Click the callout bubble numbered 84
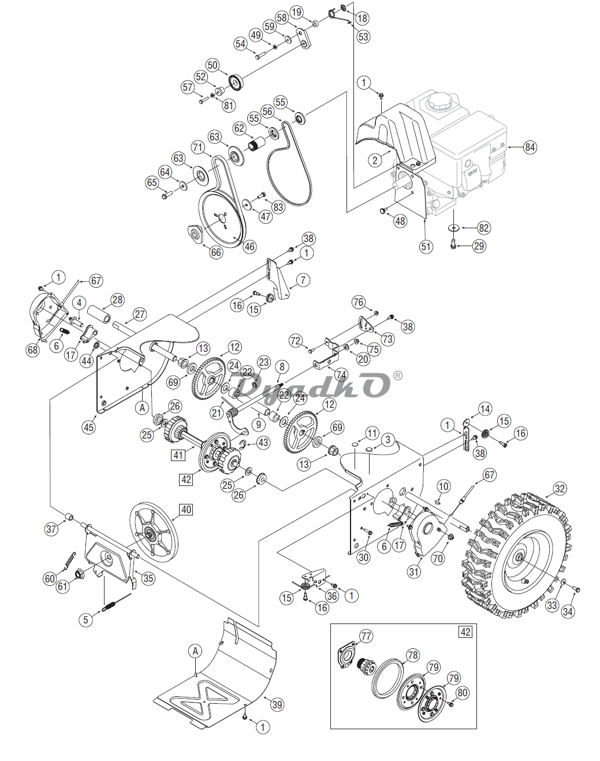pyautogui.click(x=530, y=147)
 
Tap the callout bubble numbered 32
pyautogui.click(x=560, y=489)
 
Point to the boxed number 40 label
pyautogui.click(x=186, y=509)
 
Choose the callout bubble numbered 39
pyautogui.click(x=277, y=705)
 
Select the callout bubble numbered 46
pyautogui.click(x=250, y=247)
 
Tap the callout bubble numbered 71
pyautogui.click(x=198, y=147)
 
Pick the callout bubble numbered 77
pyautogui.click(x=366, y=637)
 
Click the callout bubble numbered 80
pyautogui.click(x=463, y=692)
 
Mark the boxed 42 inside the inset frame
pyautogui.click(x=465, y=632)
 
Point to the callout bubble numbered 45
pyautogui.click(x=89, y=427)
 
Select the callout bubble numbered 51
pyautogui.click(x=426, y=247)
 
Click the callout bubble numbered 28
pyautogui.click(x=118, y=300)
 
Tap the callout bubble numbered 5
pyautogui.click(x=86, y=619)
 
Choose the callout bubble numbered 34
pyautogui.click(x=568, y=611)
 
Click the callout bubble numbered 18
pyautogui.click(x=362, y=18)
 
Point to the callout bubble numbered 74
pyautogui.click(x=341, y=374)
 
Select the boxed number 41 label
pyautogui.click(x=178, y=454)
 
